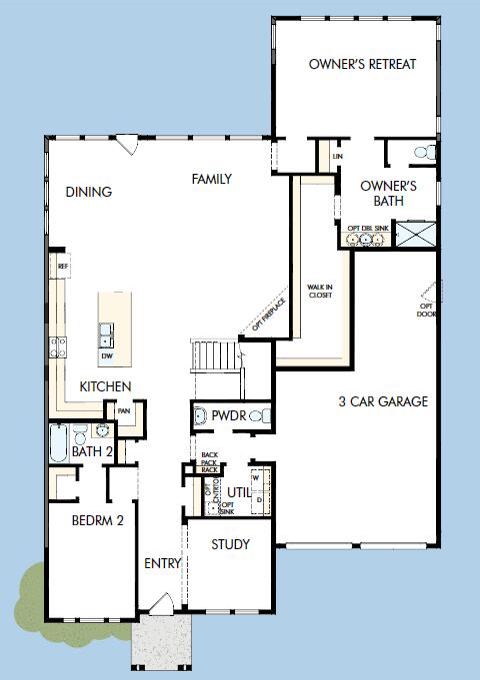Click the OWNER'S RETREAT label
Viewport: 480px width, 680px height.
point(362,64)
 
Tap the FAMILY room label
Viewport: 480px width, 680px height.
point(212,180)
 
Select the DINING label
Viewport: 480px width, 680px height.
point(89,192)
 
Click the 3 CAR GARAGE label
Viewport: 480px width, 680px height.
point(382,402)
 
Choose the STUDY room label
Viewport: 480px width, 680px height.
point(229,545)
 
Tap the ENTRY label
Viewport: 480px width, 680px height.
point(163,564)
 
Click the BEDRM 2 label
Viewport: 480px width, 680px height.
point(97,520)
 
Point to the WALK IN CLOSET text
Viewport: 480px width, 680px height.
point(320,291)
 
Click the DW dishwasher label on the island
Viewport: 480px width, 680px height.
point(107,355)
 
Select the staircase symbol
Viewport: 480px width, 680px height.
point(217,354)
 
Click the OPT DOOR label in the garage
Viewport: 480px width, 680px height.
point(427,310)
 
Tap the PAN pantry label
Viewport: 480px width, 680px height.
point(124,410)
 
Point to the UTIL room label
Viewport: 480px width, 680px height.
point(237,492)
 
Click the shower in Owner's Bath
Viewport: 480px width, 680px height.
point(415,234)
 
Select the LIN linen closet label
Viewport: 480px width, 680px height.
point(338,157)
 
